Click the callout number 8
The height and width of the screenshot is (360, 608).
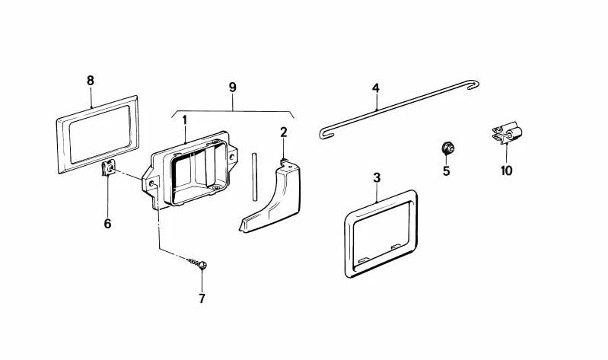[x=91, y=81]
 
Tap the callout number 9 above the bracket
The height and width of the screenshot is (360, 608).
[x=233, y=87]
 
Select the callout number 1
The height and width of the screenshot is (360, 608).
[x=185, y=119]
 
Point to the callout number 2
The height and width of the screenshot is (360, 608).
[x=284, y=132]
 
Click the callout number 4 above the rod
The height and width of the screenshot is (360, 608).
[x=376, y=88]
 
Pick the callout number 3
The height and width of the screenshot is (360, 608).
[x=377, y=177]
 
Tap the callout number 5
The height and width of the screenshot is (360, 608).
[x=447, y=170]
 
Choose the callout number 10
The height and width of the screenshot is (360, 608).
[x=506, y=170]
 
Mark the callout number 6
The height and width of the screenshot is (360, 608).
[x=107, y=224]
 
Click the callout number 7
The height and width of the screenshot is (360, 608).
[x=202, y=298]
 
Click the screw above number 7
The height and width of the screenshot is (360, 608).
[x=197, y=263]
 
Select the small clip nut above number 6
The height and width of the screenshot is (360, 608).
[x=108, y=168]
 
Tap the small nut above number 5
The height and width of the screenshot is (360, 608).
[x=447, y=148]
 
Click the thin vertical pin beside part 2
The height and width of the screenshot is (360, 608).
[x=254, y=177]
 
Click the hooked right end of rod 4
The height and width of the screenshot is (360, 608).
[x=474, y=84]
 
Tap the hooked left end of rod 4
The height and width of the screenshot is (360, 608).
[x=325, y=133]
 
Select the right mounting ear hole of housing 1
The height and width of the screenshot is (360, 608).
[x=231, y=157]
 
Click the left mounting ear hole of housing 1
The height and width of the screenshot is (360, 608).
[x=151, y=183]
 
